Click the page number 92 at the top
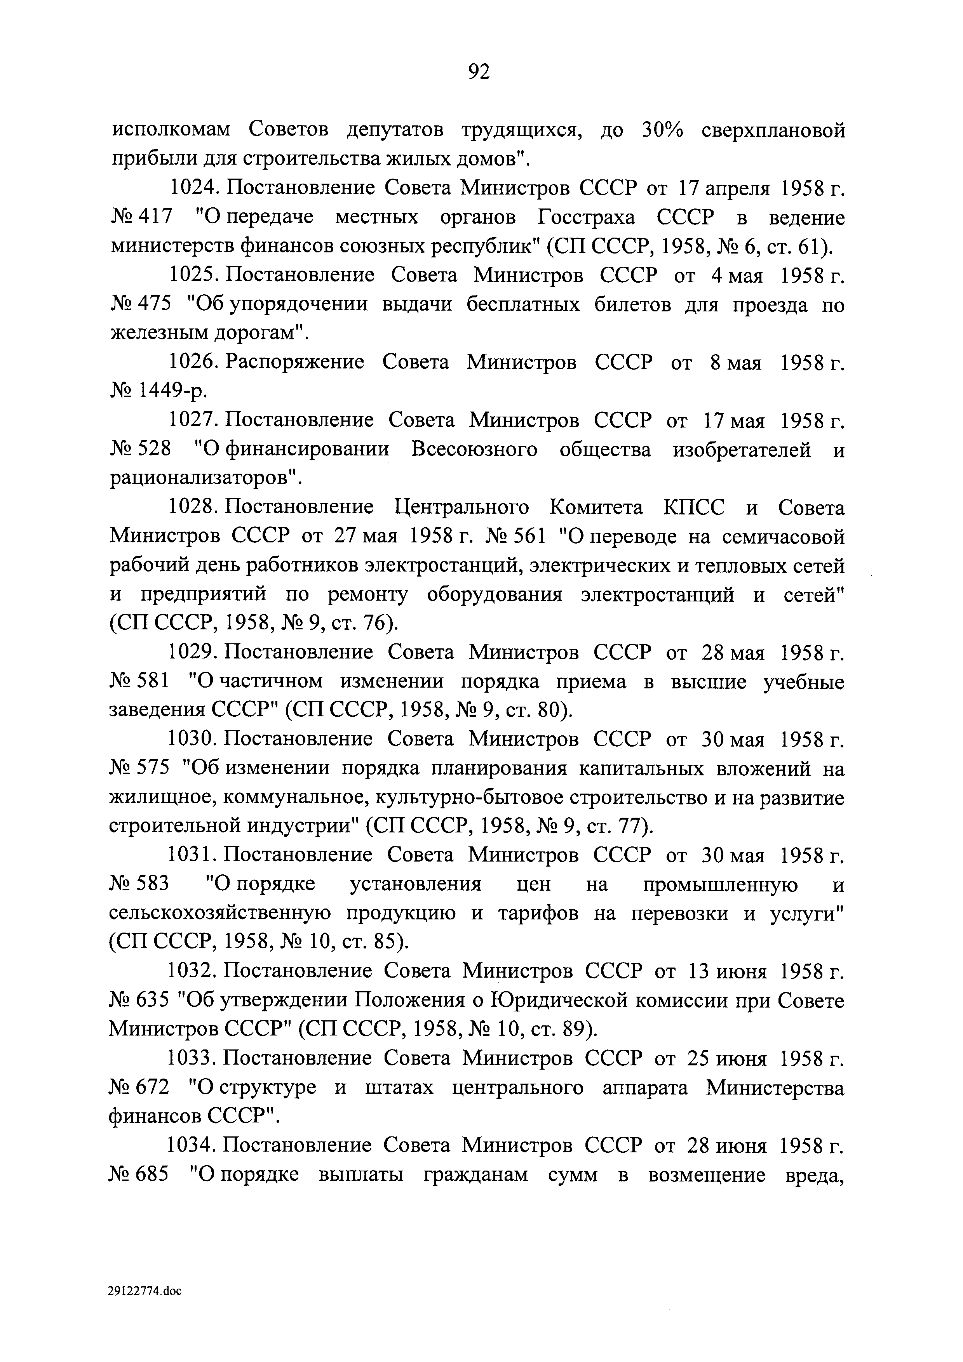click(x=479, y=72)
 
